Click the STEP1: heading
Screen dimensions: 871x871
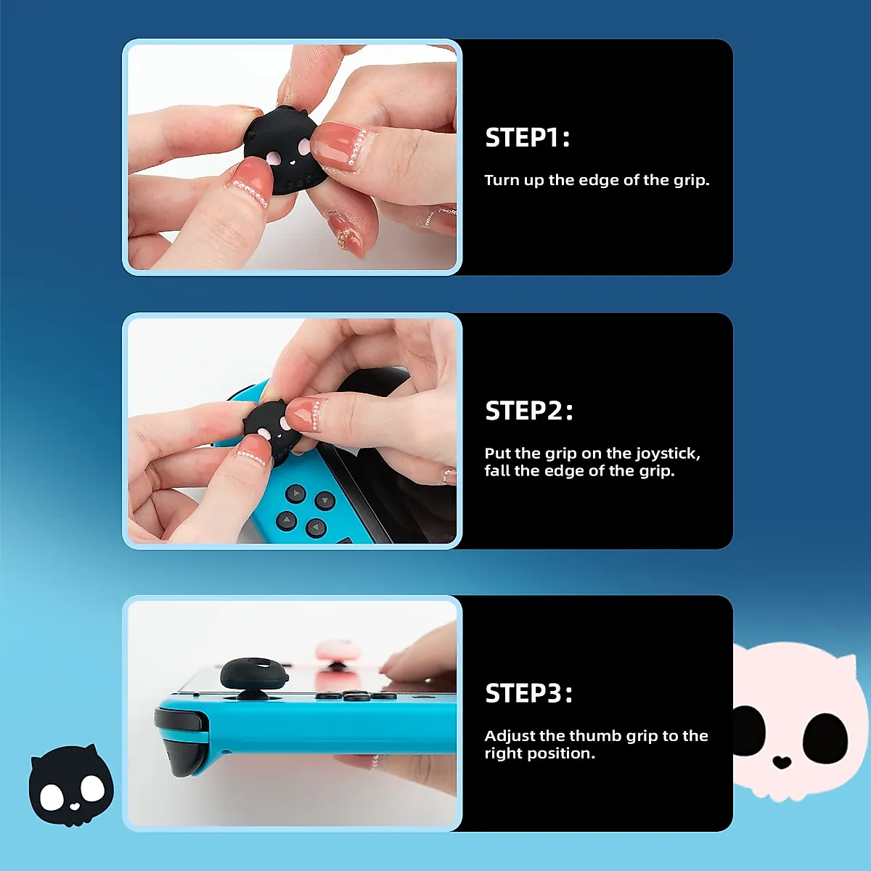click(x=528, y=138)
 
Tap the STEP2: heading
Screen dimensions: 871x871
click(x=529, y=411)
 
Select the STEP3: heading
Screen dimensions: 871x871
click(x=528, y=693)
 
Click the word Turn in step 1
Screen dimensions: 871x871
click(x=500, y=180)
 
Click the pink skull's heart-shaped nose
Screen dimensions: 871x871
click(x=781, y=762)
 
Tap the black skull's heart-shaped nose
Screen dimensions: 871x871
click(x=75, y=806)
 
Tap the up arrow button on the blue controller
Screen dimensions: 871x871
click(x=295, y=494)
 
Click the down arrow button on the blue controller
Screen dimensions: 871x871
click(x=316, y=528)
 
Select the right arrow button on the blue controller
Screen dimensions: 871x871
click(x=324, y=501)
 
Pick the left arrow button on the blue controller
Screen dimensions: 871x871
click(x=287, y=520)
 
